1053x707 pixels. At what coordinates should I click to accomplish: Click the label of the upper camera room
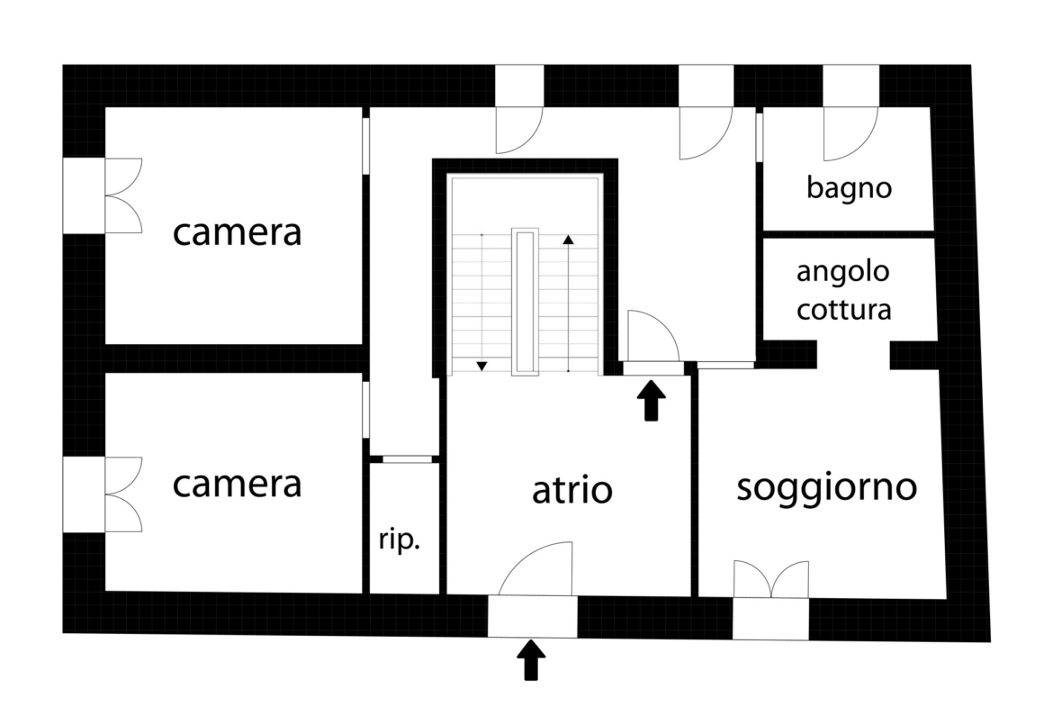[237, 232]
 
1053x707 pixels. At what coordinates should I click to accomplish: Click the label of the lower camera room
[237, 484]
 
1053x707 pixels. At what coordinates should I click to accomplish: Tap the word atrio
[572, 490]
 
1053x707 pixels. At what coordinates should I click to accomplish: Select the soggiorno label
[827, 488]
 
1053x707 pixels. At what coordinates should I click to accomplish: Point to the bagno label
[849, 188]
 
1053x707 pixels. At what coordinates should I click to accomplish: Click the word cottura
[843, 310]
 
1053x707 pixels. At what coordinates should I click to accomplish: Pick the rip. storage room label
[400, 539]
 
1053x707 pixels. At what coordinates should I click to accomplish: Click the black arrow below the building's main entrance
[531, 660]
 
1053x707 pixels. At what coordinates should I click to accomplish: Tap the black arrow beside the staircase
[651, 401]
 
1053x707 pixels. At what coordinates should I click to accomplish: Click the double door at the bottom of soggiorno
[771, 578]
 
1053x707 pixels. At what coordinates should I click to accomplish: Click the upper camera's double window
[123, 195]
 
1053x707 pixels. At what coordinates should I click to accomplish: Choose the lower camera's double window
[123, 494]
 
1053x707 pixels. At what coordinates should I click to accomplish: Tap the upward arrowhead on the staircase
[568, 240]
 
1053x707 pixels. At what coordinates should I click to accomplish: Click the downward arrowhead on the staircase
[481, 367]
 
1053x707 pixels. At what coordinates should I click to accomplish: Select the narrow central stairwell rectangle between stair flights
[525, 302]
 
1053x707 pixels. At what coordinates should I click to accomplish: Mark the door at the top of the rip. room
[407, 459]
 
